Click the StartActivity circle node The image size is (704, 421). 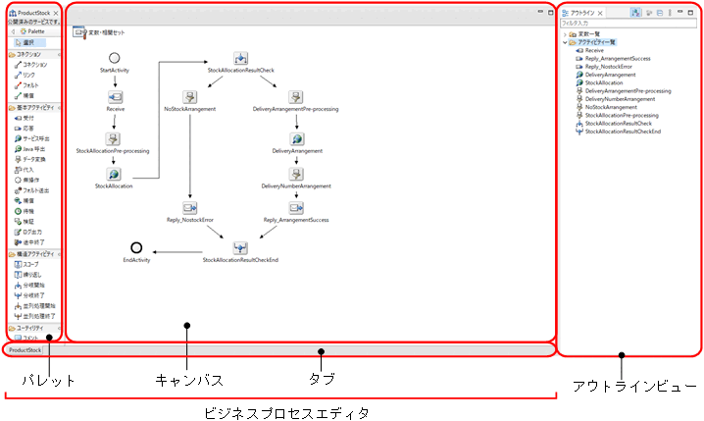(x=115, y=59)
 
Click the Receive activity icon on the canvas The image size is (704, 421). (x=115, y=96)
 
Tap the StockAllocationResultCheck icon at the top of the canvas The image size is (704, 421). (x=241, y=59)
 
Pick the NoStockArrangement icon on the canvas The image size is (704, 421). (x=189, y=96)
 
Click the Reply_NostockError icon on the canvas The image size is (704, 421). (x=189, y=208)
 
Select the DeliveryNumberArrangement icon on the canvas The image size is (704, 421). (x=295, y=174)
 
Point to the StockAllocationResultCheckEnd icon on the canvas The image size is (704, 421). (x=241, y=247)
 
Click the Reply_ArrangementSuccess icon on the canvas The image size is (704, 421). (x=295, y=208)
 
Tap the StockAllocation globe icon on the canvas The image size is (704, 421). (x=115, y=173)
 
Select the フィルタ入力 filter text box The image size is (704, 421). (x=628, y=24)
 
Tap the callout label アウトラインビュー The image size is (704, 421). (x=634, y=387)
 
